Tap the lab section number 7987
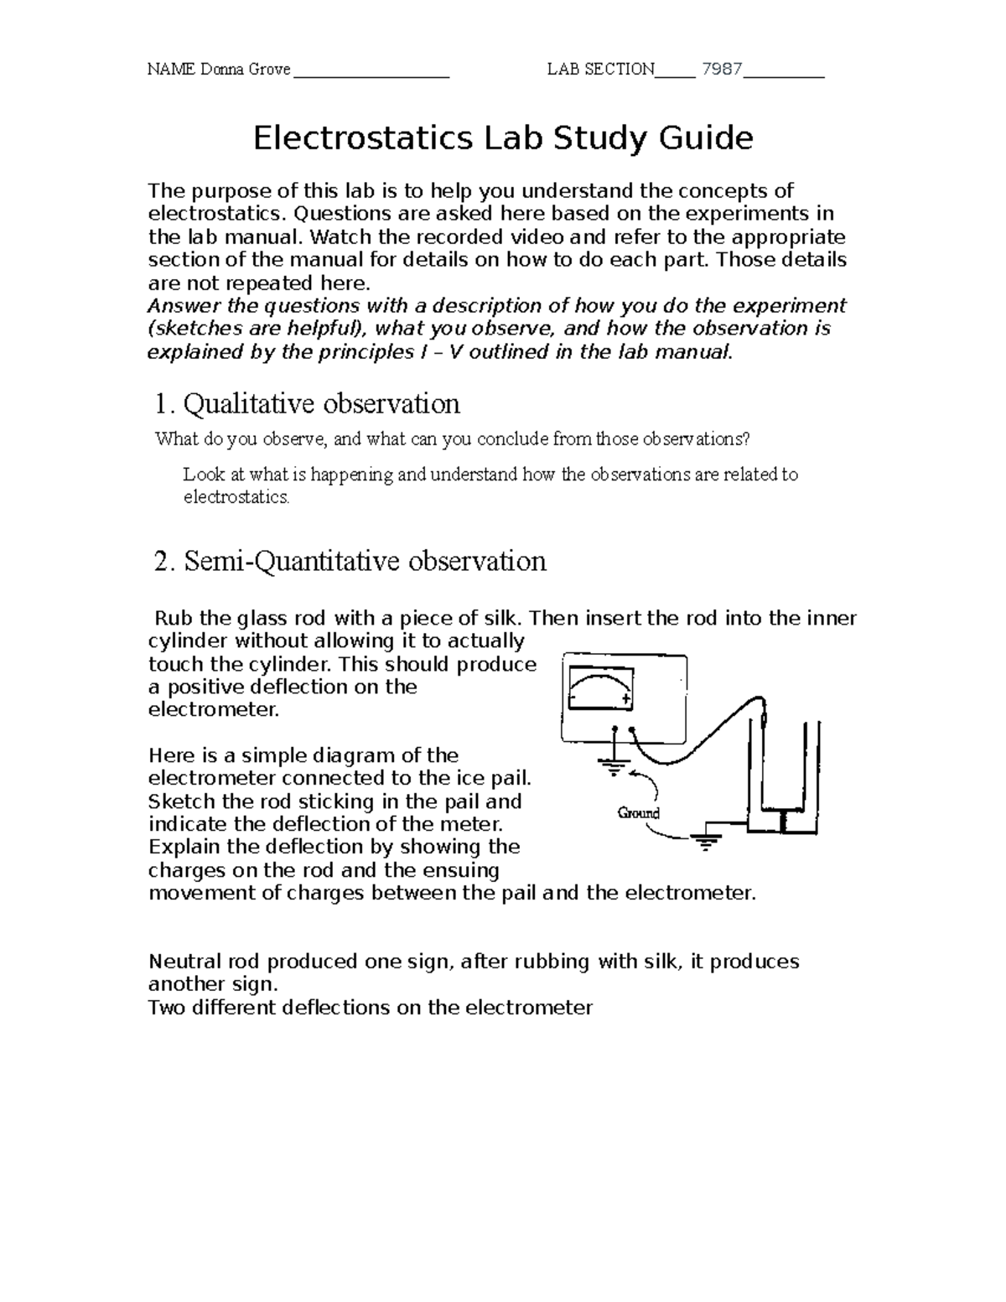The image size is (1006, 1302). tap(722, 70)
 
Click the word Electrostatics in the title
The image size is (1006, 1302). tap(363, 138)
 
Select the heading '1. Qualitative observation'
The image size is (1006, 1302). tap(308, 404)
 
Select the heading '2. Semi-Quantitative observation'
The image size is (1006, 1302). tap(350, 561)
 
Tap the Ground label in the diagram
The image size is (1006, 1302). tap(638, 812)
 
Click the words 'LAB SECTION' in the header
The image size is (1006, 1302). tap(600, 70)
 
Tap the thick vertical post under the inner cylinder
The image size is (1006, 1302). tap(782, 822)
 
